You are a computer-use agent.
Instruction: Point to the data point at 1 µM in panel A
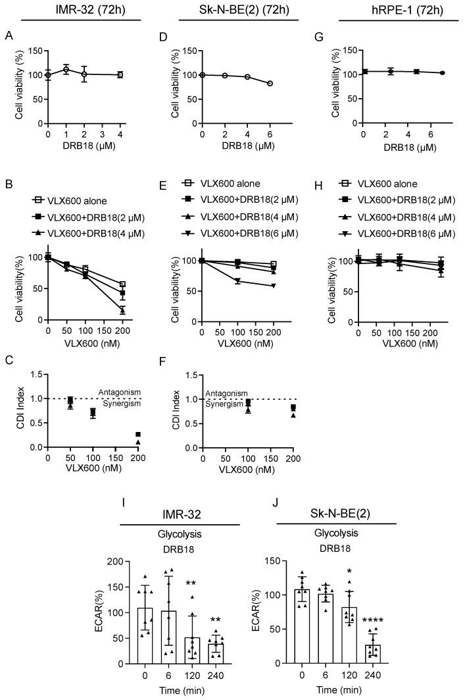click(x=66, y=69)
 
